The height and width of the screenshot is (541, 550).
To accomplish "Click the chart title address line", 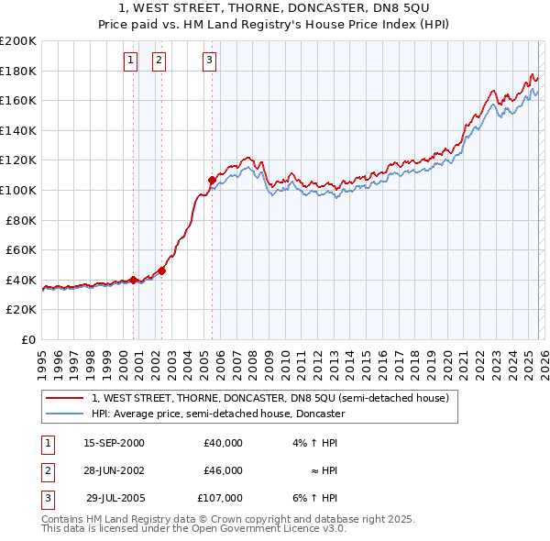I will (x=275, y=8).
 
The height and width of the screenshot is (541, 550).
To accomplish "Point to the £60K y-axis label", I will (x=21, y=249).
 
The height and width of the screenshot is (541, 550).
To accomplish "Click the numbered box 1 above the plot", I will (x=130, y=61).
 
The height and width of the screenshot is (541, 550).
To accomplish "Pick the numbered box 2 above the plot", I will (x=159, y=61).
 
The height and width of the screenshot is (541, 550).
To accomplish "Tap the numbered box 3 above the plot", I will (x=209, y=61).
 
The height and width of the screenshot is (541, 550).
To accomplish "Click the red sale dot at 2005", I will (x=212, y=180).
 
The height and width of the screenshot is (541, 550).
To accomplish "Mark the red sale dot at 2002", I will (x=162, y=270).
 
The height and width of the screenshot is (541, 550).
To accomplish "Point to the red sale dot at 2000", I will (x=133, y=280).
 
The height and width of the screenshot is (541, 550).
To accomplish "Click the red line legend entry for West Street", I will (x=269, y=399).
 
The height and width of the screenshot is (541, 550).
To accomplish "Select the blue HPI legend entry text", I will (x=217, y=414).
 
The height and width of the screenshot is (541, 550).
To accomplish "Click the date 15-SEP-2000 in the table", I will (x=114, y=443).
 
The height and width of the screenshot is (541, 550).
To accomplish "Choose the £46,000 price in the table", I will (x=223, y=470).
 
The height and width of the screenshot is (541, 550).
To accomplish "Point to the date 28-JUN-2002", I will (x=114, y=470).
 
